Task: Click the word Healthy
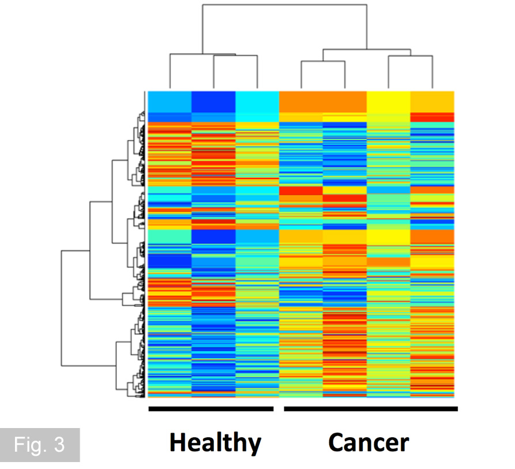coord(215,442)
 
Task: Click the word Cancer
coord(369,442)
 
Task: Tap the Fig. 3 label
coord(40,445)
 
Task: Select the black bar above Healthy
coord(210,409)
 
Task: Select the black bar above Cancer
coord(371,409)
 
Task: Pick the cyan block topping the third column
coord(257,102)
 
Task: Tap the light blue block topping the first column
coord(170,101)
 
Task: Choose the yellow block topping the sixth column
coord(389,102)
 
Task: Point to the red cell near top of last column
coord(433,117)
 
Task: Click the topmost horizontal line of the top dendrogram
coord(284,5)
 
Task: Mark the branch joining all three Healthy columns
coord(202,52)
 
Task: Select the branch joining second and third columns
coord(235,55)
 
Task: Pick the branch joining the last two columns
coord(410,56)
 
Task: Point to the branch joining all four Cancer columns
coord(367,50)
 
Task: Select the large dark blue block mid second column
coord(213,237)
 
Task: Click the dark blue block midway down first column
coord(170,261)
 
